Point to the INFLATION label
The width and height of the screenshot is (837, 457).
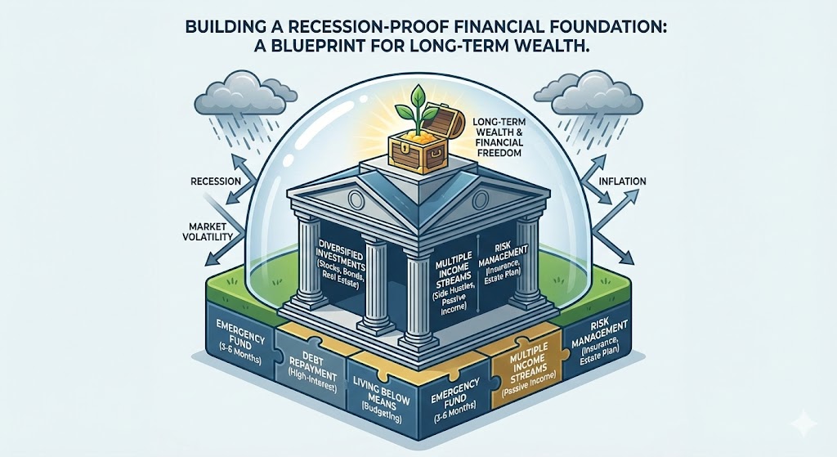coord(620,181)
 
